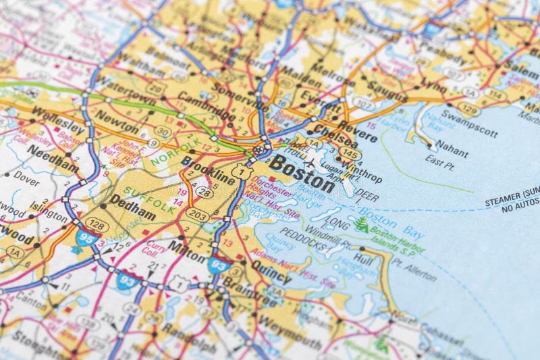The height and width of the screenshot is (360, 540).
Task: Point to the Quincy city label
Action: coord(271,271)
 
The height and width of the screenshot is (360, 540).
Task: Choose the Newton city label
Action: coord(116,117)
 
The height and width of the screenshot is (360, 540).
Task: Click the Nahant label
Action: coord(451,145)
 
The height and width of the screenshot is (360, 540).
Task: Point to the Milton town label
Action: coord(187,247)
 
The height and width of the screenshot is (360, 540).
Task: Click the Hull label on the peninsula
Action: coord(362,258)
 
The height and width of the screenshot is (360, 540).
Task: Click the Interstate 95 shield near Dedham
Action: coord(86,238)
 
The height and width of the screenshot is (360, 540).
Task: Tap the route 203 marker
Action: coord(198,215)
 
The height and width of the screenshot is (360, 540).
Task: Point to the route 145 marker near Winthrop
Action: coord(350,154)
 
